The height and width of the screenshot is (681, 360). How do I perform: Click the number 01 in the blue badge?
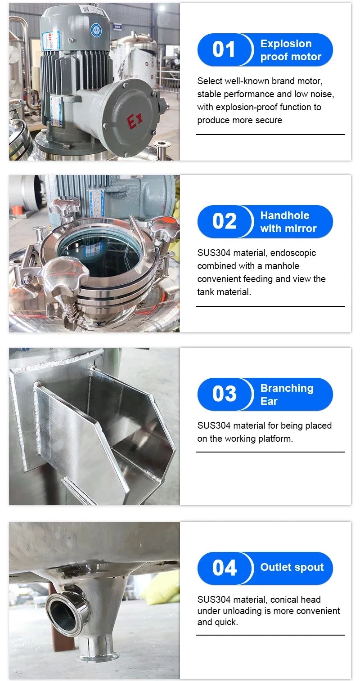click(x=224, y=49)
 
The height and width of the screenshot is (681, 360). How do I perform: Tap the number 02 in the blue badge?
click(x=224, y=221)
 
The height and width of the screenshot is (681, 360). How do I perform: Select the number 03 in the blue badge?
click(x=224, y=394)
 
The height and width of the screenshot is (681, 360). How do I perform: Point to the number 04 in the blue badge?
click(x=224, y=568)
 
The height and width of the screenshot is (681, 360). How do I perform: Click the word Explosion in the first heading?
click(x=286, y=44)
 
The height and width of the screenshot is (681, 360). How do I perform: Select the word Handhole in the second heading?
click(x=284, y=215)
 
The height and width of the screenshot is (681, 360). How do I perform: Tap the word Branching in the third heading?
click(x=287, y=388)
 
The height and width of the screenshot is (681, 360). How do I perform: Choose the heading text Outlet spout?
click(x=292, y=568)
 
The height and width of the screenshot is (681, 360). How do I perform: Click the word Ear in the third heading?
click(x=269, y=401)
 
